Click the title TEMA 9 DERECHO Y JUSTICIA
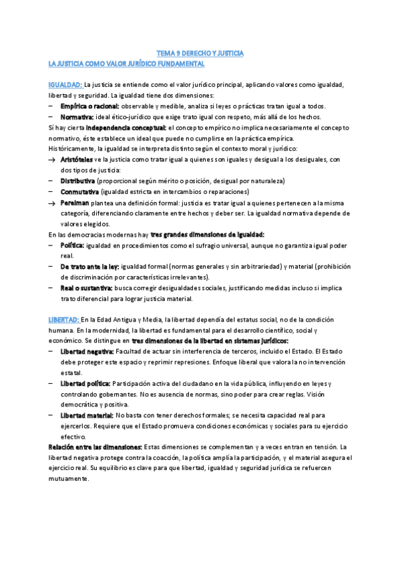(200, 52)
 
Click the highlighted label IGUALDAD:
(65, 85)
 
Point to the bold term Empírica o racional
(90, 106)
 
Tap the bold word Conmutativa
(79, 192)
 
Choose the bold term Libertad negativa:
(87, 351)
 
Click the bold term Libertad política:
(85, 383)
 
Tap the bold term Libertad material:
(87, 415)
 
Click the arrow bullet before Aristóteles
(53, 160)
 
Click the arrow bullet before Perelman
(53, 203)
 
